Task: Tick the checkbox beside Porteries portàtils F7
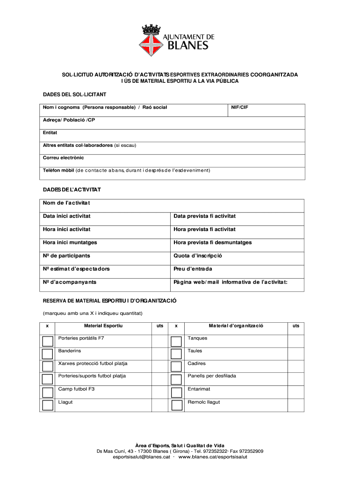pos(47,341)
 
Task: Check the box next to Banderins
pos(47,354)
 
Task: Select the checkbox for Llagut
pos(47,405)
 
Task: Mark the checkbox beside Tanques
pos(176,341)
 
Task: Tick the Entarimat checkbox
pos(176,392)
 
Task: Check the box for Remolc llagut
pos(176,405)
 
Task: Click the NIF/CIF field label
pos(239,108)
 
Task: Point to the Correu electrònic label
pos(64,158)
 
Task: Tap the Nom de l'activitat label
pos(66,203)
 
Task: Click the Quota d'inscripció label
pos(198,256)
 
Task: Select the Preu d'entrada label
pos(193,269)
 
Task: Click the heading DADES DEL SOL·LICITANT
pos(74,95)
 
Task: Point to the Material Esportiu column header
pos(103,326)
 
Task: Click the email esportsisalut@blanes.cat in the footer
pos(141,457)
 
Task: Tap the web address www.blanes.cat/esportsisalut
pos(213,457)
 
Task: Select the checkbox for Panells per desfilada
pos(176,379)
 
